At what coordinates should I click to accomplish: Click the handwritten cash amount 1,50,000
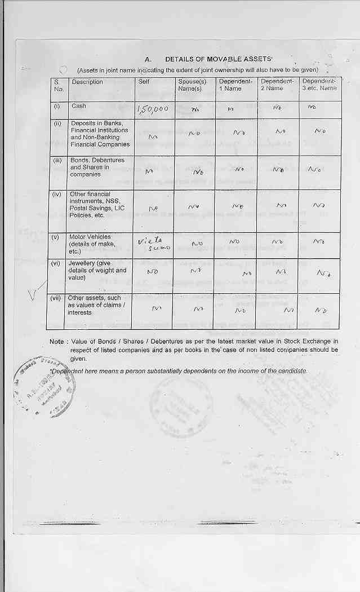(x=153, y=109)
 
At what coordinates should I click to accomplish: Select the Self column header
(x=144, y=82)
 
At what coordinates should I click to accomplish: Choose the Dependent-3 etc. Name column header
(x=319, y=85)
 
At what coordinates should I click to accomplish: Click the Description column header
(x=87, y=82)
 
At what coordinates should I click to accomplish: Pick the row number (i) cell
(x=57, y=107)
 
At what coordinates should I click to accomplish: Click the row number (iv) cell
(x=57, y=195)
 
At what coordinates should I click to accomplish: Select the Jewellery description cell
(x=97, y=270)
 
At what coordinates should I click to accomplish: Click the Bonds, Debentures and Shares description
(x=97, y=167)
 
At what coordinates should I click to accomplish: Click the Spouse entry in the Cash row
(x=195, y=109)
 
